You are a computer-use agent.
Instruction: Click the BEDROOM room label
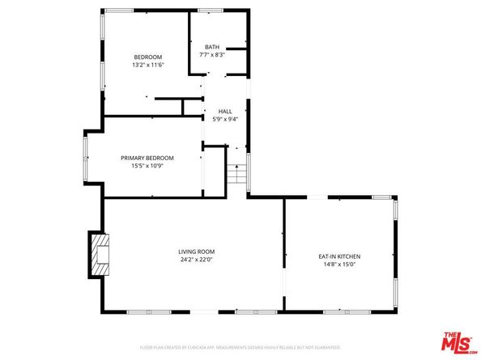[x=147, y=57]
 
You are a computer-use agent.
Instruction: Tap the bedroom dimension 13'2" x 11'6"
[x=147, y=65]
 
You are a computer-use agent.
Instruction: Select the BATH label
[x=212, y=47]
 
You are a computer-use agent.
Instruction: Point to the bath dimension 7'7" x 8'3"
[x=212, y=55]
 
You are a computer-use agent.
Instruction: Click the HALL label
[x=224, y=111]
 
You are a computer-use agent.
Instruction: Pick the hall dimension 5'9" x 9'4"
[x=224, y=119]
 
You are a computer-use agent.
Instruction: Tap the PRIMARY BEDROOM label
[x=147, y=158]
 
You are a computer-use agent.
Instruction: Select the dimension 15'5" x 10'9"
[x=147, y=166]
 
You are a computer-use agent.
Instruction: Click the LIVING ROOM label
[x=197, y=252]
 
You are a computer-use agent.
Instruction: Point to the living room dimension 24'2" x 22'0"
[x=197, y=260]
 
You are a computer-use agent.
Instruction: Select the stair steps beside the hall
[x=236, y=174]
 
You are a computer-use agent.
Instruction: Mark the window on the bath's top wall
[x=211, y=11]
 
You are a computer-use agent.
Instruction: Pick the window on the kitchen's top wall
[x=381, y=197]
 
